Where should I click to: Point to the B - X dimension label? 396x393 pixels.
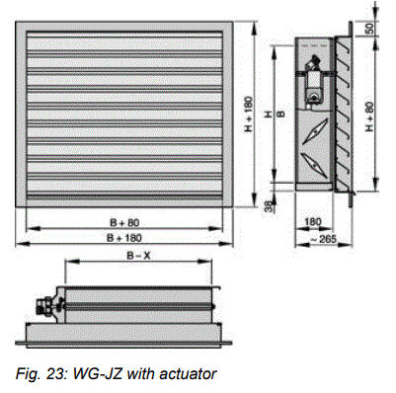[x=136, y=255]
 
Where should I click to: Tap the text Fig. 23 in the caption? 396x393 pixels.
[x=30, y=372]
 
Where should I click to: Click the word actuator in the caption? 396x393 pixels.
[x=186, y=372]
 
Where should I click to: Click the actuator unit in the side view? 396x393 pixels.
[x=314, y=79]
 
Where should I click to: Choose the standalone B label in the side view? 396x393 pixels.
[x=282, y=113]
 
